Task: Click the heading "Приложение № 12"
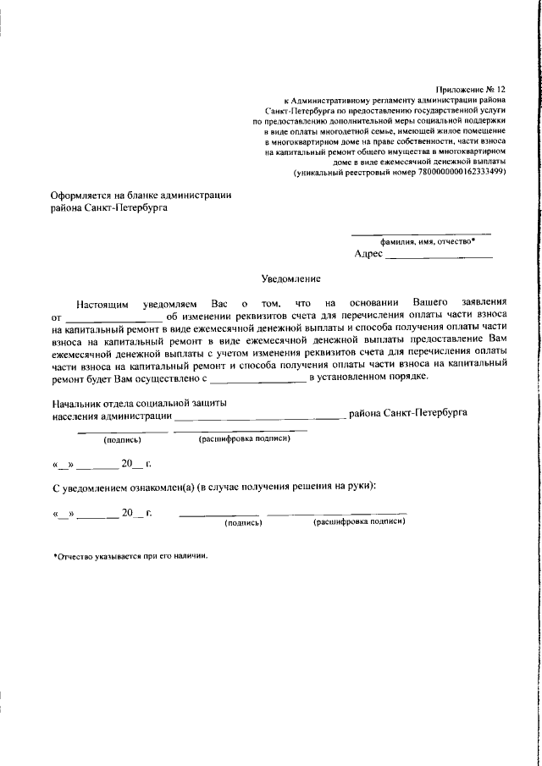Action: click(470, 88)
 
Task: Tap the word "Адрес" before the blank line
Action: click(368, 254)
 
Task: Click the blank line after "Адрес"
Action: click(439, 256)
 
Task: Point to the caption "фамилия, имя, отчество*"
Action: click(421, 241)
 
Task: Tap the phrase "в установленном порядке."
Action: click(369, 377)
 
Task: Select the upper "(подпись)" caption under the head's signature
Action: click(122, 440)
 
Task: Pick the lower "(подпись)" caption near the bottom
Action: click(243, 523)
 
